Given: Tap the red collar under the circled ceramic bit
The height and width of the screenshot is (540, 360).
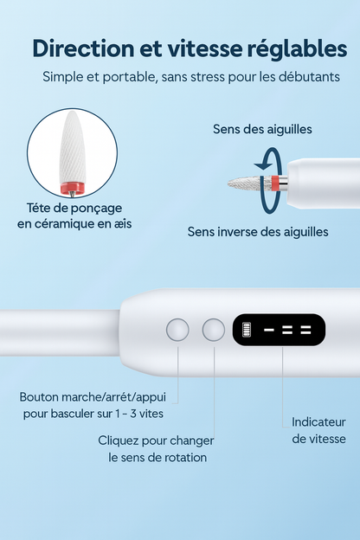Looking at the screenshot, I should (72, 187).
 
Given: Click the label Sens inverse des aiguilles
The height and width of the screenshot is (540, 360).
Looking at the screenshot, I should (258, 232).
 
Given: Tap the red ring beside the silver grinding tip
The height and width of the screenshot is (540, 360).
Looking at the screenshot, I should (273, 182).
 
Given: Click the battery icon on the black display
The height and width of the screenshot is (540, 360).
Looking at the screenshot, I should (246, 330).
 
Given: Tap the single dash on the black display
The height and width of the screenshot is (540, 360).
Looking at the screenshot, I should (268, 331).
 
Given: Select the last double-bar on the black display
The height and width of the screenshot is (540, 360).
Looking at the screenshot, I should (305, 331).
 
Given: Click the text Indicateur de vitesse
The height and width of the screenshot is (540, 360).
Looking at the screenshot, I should (318, 430).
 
